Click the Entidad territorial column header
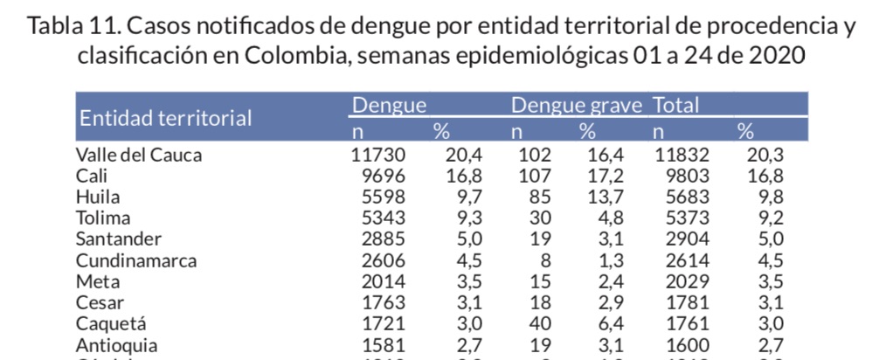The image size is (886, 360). [165, 118]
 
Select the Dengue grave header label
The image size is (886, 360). [576, 107]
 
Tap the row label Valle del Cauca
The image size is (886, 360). [139, 156]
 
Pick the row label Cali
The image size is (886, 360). [92, 177]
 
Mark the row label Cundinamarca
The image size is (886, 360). [135, 260]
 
